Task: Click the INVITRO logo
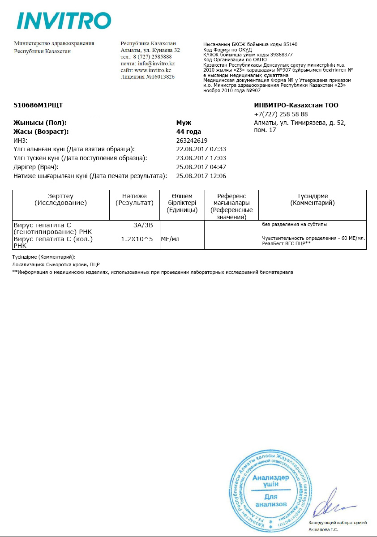pyautogui.click(x=64, y=21)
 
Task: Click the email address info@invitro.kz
pyautogui.click(x=156, y=64)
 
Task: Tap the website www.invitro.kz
pyautogui.click(x=153, y=70)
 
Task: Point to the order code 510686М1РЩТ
pyautogui.click(x=39, y=106)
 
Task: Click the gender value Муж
pyautogui.click(x=184, y=123)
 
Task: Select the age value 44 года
pyautogui.click(x=189, y=132)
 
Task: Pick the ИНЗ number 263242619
pyautogui.click(x=192, y=141)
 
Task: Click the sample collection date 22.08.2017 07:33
pyautogui.click(x=201, y=149)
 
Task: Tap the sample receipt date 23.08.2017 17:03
pyautogui.click(x=201, y=158)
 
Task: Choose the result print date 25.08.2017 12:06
pyautogui.click(x=201, y=176)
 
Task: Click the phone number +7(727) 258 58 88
pyautogui.click(x=281, y=114)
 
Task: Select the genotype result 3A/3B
pyautogui.click(x=143, y=224)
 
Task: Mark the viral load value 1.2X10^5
pyautogui.click(x=137, y=239)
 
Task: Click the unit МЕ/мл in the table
pyautogui.click(x=170, y=239)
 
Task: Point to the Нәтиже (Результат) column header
pyautogui.click(x=134, y=200)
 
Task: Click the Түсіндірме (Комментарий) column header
pyautogui.click(x=313, y=200)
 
